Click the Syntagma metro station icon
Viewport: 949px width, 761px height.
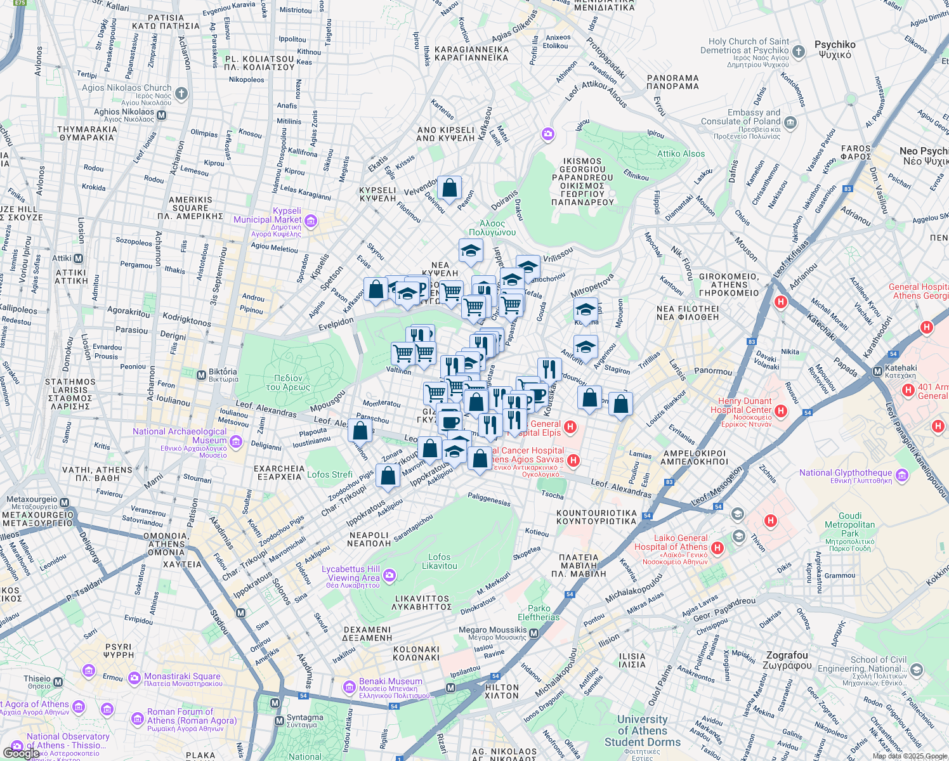[279, 721]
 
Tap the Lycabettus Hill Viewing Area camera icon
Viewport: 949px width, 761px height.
[389, 575]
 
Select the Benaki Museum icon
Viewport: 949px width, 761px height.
[349, 687]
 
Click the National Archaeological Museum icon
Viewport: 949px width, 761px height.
[236, 441]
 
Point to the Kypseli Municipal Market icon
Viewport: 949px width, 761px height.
[311, 221]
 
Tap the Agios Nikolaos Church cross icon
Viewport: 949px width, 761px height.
[181, 94]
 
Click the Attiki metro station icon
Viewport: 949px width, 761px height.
[78, 258]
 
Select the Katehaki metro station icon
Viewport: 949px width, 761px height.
[877, 371]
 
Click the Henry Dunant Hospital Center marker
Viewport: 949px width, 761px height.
[781, 411]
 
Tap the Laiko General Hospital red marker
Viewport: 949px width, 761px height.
[717, 547]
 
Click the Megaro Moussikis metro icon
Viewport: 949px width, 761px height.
[533, 633]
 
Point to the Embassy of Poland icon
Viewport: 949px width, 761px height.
[790, 122]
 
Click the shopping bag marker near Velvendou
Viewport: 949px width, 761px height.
[449, 188]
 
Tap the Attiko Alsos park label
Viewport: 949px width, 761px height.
[681, 153]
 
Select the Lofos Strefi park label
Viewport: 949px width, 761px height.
[329, 474]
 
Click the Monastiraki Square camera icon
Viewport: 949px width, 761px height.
[134, 679]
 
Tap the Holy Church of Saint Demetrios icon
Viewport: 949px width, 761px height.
[799, 51]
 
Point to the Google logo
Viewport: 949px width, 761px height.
[21, 753]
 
